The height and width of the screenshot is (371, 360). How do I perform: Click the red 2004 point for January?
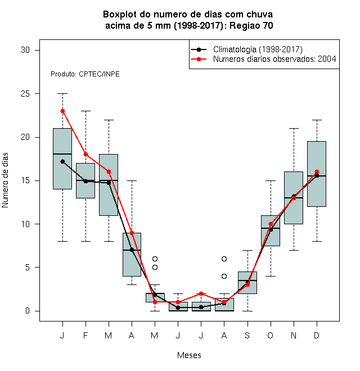(62, 111)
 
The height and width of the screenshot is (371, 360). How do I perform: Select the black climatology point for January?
(62, 161)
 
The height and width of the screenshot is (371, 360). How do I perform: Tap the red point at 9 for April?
(132, 233)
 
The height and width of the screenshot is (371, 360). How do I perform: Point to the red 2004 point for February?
(85, 155)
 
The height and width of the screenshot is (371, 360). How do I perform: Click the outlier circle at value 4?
(224, 276)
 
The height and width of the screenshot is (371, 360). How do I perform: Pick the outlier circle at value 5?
(155, 268)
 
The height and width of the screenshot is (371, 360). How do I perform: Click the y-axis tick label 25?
(25, 94)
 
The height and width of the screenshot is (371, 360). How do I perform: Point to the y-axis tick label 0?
(28, 311)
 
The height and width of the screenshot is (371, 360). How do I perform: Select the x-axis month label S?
(247, 335)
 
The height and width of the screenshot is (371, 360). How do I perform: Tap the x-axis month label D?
(317, 335)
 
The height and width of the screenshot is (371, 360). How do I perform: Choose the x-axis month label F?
(85, 335)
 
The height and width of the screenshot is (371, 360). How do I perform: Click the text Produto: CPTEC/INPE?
(85, 74)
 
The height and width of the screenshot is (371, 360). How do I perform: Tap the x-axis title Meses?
(189, 355)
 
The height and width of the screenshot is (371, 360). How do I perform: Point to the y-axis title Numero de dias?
(5, 180)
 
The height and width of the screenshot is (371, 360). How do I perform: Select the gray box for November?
(294, 198)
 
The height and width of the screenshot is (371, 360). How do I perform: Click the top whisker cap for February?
(85, 111)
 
